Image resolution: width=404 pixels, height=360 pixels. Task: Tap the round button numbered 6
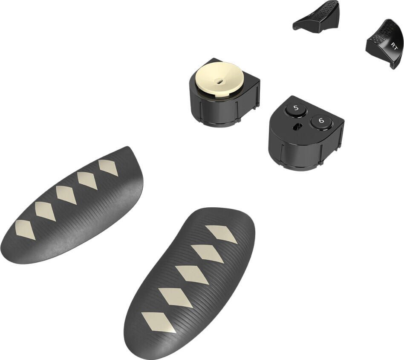321,121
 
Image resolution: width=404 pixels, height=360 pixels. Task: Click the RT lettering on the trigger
394,46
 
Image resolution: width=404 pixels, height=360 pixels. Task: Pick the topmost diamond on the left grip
108,167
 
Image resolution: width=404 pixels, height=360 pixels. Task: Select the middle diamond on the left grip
66,195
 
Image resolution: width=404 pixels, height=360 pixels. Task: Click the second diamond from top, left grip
87,181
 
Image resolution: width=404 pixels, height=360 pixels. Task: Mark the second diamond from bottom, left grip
45,211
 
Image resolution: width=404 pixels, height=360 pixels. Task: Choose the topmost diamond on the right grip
221,234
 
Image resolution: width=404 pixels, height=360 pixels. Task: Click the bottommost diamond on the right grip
158,322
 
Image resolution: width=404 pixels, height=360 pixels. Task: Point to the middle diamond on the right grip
191,275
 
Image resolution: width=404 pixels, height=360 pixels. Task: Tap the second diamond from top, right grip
207,253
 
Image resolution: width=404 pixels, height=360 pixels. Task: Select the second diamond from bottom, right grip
175,297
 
